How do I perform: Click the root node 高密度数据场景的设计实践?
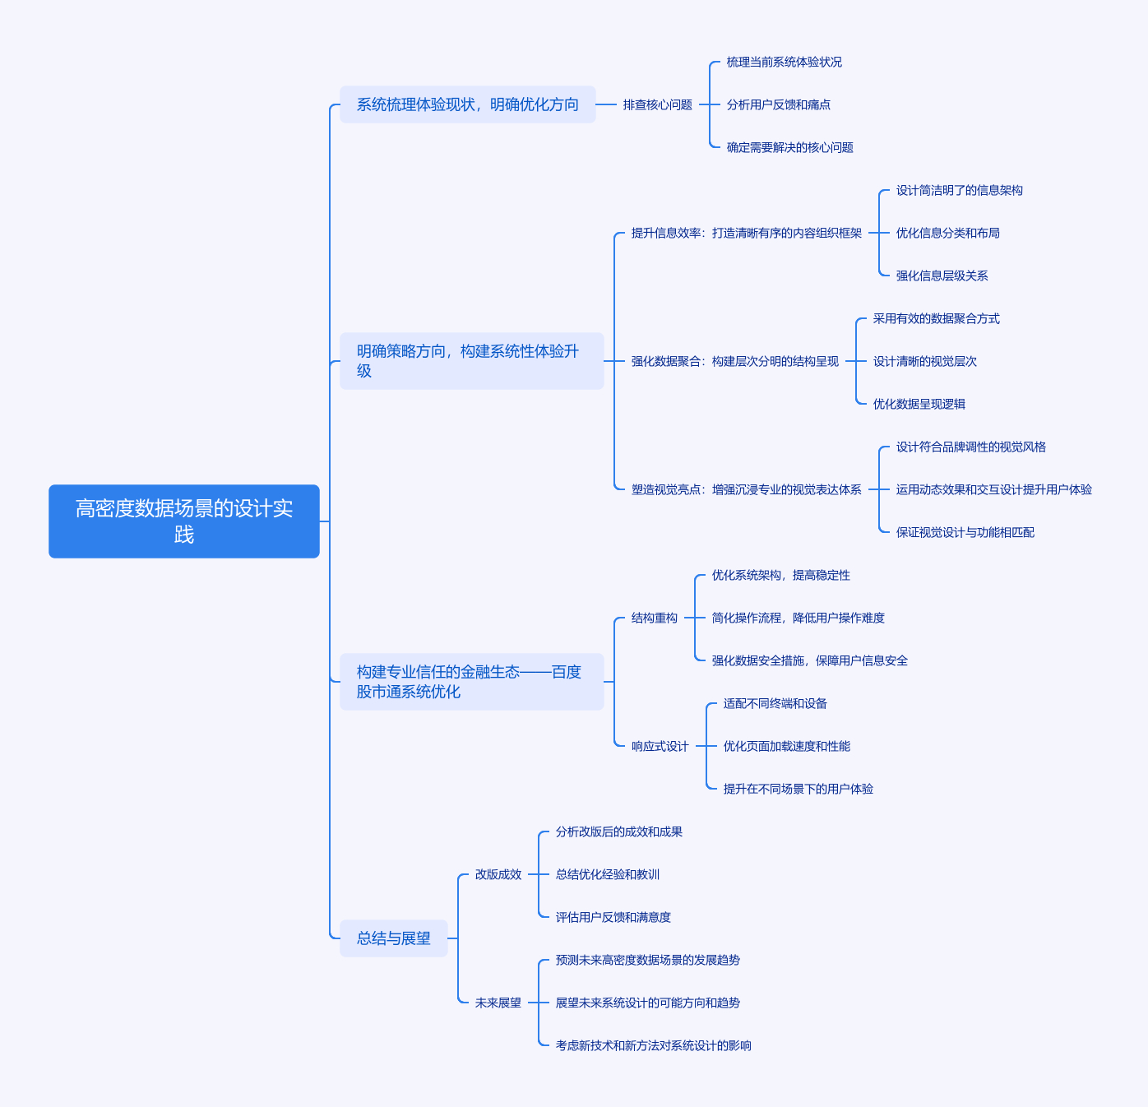coord(184,521)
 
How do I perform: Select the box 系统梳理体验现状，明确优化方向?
coord(467,104)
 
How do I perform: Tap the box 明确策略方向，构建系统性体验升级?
coord(472,360)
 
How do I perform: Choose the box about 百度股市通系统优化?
coord(472,682)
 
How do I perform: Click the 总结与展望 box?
coord(393,938)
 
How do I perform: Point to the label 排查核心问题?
coord(658,104)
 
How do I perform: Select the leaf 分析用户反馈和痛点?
coord(779,104)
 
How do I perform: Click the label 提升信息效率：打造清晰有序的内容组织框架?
coord(746,233)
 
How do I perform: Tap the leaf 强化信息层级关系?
coord(942,276)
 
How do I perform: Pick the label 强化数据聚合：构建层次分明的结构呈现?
coord(735,361)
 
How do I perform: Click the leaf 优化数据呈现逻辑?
coord(919,404)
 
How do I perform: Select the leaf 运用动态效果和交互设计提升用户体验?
coord(994,489)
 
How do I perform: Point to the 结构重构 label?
coord(655,618)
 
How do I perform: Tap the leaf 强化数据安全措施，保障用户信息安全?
coord(810,660)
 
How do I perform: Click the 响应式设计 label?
coord(660,746)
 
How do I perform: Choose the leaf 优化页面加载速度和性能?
coord(787,746)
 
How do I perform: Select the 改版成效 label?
coord(498,874)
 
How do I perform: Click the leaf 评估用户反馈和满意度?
coord(613,917)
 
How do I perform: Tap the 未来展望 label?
coord(498,1003)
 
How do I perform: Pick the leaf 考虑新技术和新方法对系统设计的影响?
coord(654,1045)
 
